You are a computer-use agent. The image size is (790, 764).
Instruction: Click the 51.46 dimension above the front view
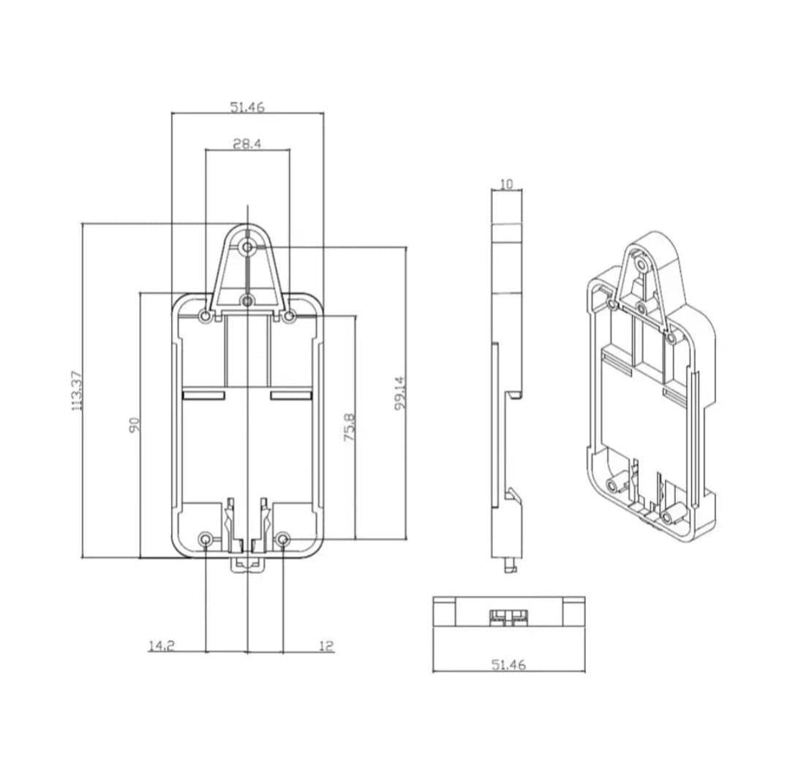click(247, 107)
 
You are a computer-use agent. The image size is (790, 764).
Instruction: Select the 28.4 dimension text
click(247, 144)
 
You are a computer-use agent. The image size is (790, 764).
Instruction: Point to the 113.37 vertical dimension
click(76, 391)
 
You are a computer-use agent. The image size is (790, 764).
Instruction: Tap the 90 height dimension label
click(134, 425)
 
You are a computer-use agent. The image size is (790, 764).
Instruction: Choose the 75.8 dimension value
click(349, 428)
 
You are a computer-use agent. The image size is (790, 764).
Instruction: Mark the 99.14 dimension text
click(401, 394)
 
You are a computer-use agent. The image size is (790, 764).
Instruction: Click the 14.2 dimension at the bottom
click(161, 646)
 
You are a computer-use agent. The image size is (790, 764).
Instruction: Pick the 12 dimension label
click(326, 646)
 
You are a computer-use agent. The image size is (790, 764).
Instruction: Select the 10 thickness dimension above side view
click(506, 184)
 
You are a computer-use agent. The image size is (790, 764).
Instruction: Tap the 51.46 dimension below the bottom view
click(508, 665)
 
